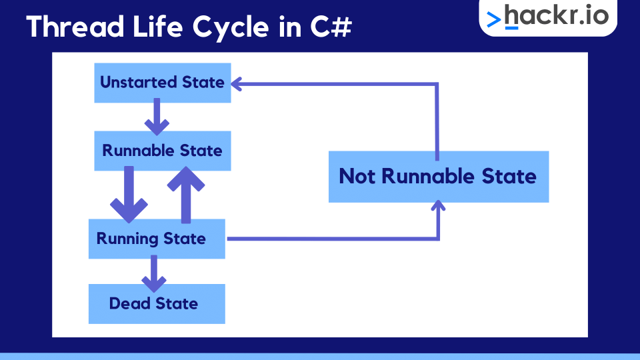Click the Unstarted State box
[163, 83]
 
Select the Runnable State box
[163, 151]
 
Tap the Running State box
[157, 239]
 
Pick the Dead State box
[157, 304]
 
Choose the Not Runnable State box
[438, 177]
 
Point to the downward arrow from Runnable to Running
[129, 195]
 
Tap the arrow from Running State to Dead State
[154, 273]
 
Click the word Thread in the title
[69, 27]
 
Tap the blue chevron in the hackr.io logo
[494, 20]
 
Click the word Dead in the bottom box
[130, 304]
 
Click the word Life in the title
[154, 27]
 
